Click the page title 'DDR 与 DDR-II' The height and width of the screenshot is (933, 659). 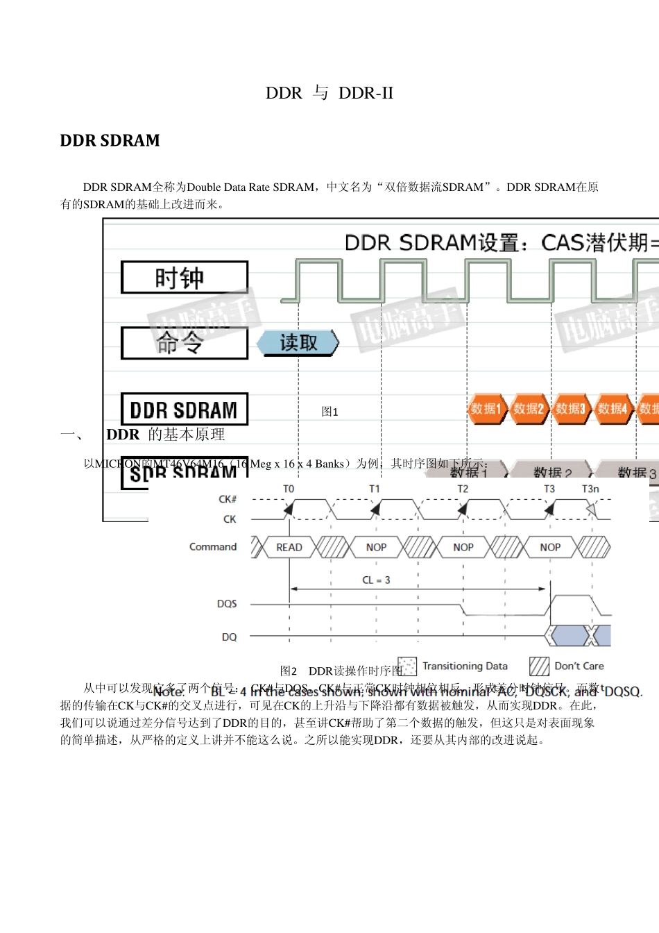(329, 93)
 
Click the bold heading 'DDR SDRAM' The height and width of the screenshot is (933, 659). (110, 141)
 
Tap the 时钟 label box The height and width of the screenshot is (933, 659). (185, 278)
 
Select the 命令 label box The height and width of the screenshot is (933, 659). (185, 343)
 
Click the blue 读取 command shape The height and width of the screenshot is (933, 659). (298, 343)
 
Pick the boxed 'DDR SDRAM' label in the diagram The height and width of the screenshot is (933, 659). (185, 410)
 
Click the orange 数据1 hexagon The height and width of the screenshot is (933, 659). (486, 409)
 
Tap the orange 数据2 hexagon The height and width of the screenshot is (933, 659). (529, 409)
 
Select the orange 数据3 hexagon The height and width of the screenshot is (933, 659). (571, 409)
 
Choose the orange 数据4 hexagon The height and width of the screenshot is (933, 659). (613, 409)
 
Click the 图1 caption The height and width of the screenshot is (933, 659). (330, 412)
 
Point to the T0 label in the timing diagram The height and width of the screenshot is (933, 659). (289, 489)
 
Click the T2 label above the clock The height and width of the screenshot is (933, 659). (463, 489)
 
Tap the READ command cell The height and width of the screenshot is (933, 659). (289, 548)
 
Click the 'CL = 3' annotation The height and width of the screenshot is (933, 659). (376, 580)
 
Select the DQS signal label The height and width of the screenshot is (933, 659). (227, 604)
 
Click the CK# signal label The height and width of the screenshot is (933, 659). (228, 499)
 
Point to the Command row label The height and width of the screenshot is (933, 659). (213, 547)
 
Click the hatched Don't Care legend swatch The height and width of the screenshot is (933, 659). (539, 666)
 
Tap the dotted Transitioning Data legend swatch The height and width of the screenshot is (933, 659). (408, 666)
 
